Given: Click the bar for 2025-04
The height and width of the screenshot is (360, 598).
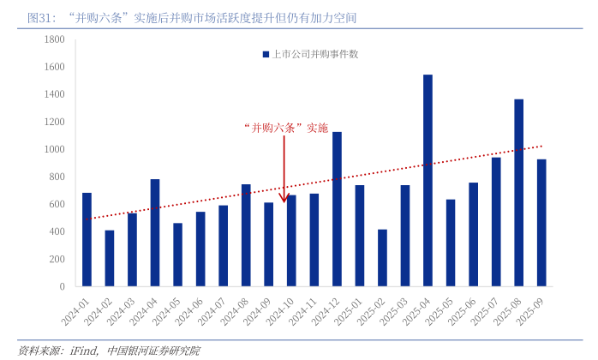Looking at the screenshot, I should pos(428,180).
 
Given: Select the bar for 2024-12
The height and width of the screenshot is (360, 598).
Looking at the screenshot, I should pos(337,208).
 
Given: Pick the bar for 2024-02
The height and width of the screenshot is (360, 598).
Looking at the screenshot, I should pos(110,257).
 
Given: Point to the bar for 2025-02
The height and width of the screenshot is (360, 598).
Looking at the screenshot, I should pos(382,257).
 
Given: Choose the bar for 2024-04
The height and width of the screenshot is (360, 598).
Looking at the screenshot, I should pos(155,232).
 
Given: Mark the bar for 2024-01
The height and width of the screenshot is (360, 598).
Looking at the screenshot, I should pos(87,239).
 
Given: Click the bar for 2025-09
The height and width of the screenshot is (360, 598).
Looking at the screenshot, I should pos(541,222).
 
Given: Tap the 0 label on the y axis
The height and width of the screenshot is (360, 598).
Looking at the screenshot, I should pos(62,286).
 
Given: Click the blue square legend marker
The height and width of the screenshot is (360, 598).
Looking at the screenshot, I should pos(266,54).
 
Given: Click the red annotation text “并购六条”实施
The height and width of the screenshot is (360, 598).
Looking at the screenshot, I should pos(285,128).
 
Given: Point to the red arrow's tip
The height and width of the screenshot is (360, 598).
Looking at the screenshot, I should pos(284,201).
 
